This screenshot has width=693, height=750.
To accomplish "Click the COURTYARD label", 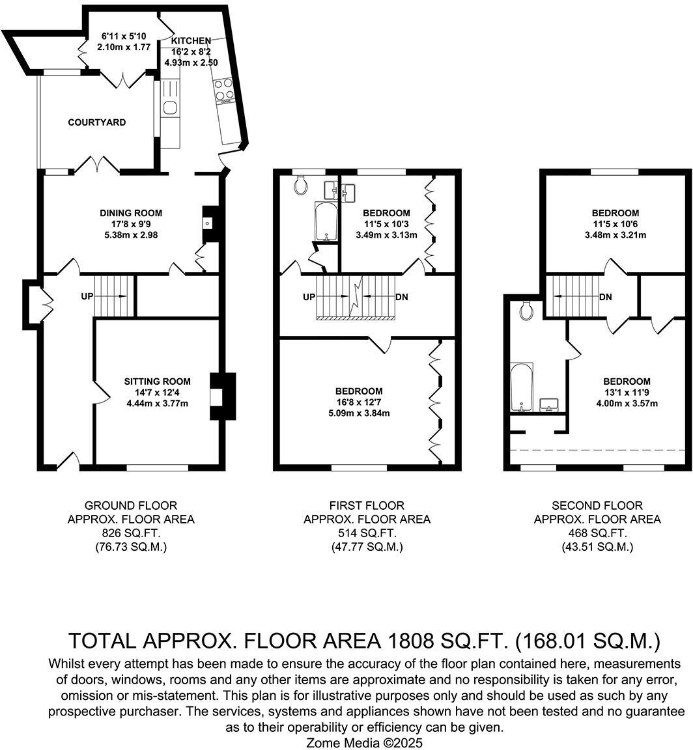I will (97, 122).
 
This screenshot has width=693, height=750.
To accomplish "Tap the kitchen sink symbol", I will (170, 107).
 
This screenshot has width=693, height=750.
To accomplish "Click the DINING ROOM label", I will (131, 213).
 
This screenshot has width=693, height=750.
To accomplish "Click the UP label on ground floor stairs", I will (87, 296).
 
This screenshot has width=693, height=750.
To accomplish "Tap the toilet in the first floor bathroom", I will (302, 186).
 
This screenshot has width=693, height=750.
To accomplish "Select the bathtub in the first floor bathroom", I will (324, 221).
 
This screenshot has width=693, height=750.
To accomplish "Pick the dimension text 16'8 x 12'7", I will (358, 402).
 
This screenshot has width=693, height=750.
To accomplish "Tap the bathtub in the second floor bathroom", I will (521, 387).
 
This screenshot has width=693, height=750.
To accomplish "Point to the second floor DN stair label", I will (606, 297).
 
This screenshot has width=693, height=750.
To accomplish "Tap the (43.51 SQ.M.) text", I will (597, 548).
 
